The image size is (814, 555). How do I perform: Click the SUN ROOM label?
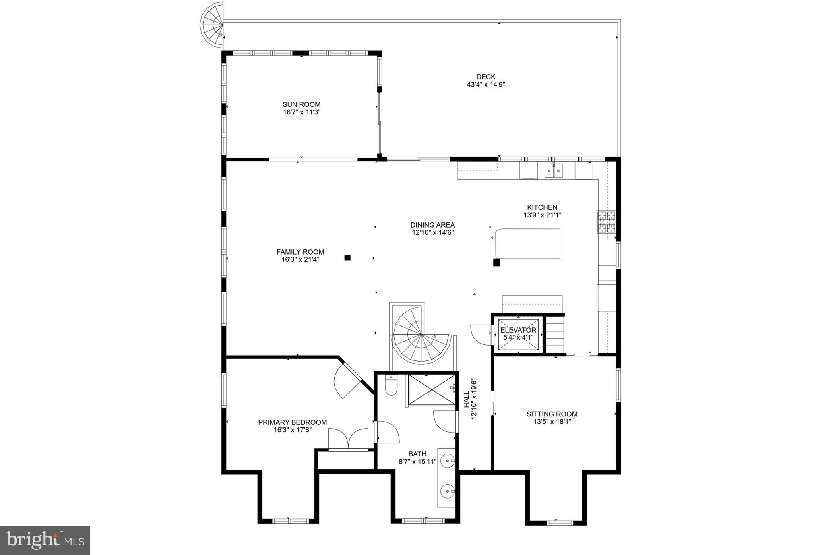(301, 104)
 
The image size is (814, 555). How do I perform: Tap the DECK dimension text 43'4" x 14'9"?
(486, 85)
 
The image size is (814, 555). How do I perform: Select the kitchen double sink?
(554, 171)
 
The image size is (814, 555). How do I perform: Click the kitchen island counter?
(528, 244)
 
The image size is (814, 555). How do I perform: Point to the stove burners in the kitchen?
(606, 222)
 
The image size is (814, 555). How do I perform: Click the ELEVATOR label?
(518, 330)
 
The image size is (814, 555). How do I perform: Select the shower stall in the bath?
(432, 390)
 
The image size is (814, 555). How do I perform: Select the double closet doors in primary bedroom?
(349, 439)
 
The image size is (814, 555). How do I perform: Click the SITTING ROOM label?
(552, 414)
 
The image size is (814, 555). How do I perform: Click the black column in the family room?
(347, 257)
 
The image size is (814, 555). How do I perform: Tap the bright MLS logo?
(45, 540)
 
